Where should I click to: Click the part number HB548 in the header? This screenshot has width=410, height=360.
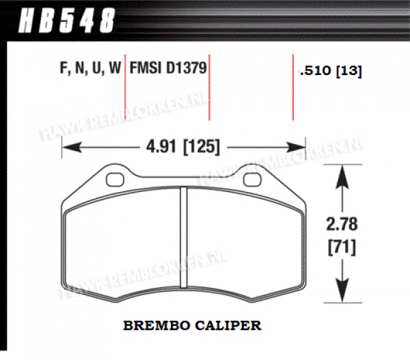pos(66,20)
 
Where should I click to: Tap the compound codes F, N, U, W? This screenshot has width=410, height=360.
pos(90,68)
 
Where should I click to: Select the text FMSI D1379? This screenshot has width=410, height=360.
pos(168,68)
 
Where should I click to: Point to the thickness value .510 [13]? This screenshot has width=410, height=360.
pos(331,70)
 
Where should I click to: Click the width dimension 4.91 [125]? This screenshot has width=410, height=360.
pos(183,146)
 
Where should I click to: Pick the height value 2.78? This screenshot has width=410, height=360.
pos(342,224)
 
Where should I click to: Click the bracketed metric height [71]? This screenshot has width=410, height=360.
pos(342,247)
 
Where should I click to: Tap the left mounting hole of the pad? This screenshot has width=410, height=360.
pos(115,180)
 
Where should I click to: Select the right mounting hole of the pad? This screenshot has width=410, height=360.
pos(252,180)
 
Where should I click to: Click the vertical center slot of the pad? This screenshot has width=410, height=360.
pos(184,238)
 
